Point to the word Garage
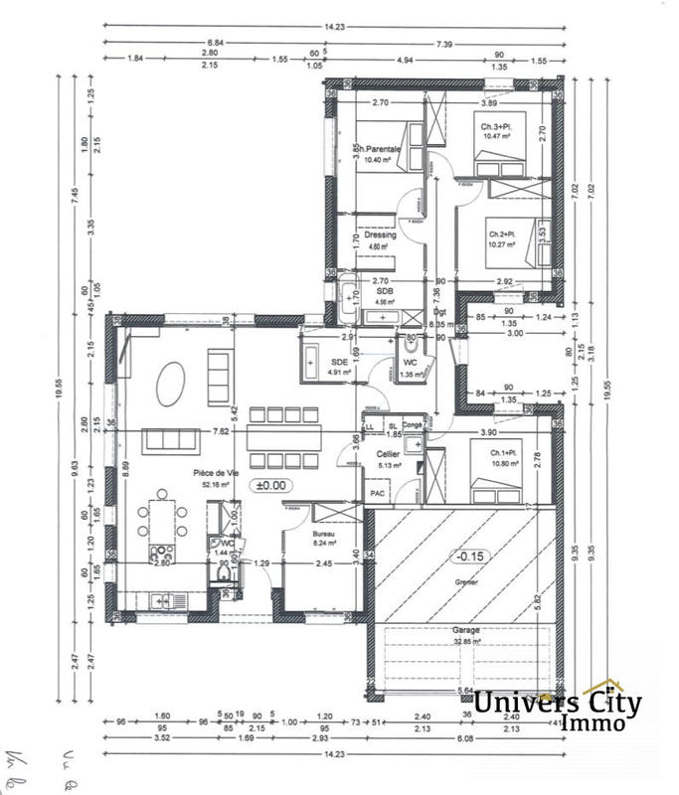pos(467,629)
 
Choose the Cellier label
pos(388,453)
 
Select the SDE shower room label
pos(340,362)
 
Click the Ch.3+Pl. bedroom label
pos(497,127)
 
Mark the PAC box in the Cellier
pos(378,492)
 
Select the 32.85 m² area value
pos(467,642)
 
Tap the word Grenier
pos(465,583)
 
